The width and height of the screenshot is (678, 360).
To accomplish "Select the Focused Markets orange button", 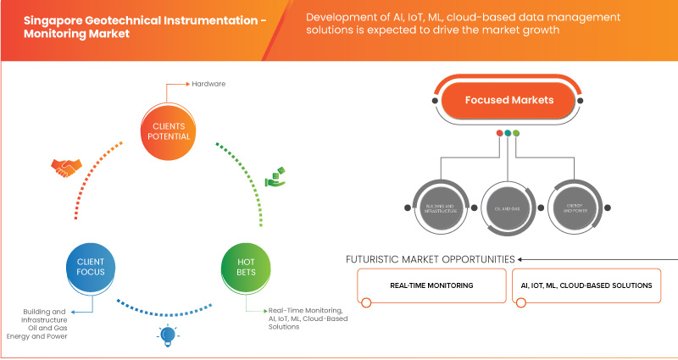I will click(508, 101).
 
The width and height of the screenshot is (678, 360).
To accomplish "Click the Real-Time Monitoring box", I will click(431, 286).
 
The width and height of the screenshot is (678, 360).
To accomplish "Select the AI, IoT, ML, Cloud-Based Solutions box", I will click(586, 286).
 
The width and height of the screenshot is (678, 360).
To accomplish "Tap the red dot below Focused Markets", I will click(498, 133).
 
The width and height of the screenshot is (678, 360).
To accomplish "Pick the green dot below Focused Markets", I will click(516, 133).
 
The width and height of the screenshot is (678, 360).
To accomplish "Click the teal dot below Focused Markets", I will click(507, 133).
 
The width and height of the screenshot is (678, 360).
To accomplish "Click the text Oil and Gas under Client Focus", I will click(47, 329).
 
